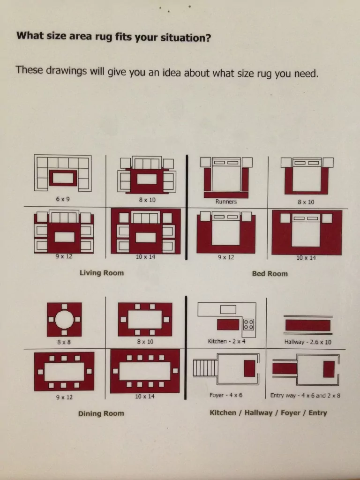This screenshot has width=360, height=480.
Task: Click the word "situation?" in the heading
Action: coord(186,37)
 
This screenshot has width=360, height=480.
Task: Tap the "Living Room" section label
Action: coord(102,273)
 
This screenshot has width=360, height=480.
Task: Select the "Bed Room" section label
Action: coord(270,274)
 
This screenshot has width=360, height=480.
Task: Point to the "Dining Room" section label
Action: coord(101,413)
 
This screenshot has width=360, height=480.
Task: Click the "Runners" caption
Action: coord(226,202)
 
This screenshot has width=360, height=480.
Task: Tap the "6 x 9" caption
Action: coord(63,199)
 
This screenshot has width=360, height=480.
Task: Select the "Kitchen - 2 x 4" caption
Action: coord(226,341)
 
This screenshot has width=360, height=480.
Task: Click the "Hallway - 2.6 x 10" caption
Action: coord(307,342)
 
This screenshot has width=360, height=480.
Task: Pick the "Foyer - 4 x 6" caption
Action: coord(226,395)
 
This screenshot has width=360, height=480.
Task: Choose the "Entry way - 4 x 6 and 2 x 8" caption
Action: coord(305,396)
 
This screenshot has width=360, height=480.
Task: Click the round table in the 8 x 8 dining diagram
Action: coord(64,319)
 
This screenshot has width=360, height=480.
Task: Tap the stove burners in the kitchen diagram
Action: coord(248,324)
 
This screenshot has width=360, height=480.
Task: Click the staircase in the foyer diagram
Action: coord(205,368)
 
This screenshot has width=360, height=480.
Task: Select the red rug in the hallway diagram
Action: coord(307,325)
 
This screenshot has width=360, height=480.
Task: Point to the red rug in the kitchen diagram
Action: coord(228,324)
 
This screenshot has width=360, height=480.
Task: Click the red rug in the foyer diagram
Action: coord(249,368)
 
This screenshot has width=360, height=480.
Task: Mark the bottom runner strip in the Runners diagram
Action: coord(226,195)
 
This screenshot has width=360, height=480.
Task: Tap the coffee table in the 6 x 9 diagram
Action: coord(63,178)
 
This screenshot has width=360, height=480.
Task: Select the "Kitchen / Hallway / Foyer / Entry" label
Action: coord(268,413)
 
